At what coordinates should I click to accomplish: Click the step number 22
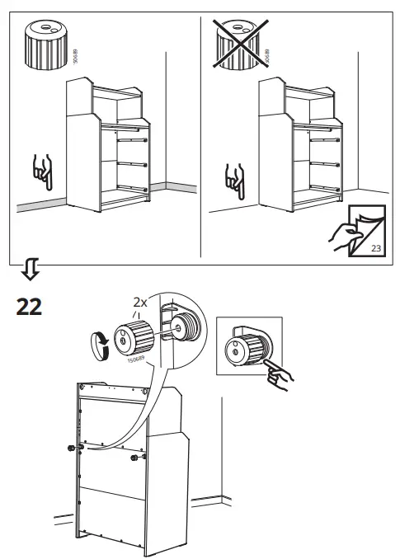pyautogui.click(x=29, y=307)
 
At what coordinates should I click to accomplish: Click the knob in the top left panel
pyautogui.click(x=43, y=41)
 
